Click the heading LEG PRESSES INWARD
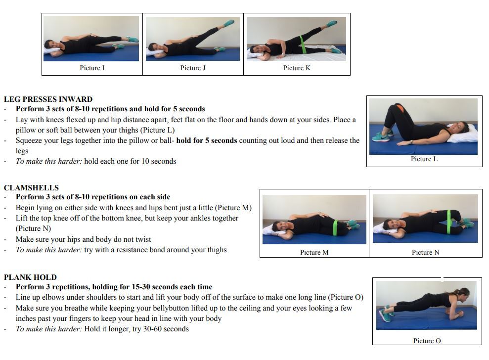point(48,99)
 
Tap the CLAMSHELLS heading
point(31,188)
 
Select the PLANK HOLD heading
point(30,277)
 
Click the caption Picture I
point(92,68)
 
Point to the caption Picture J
point(193,68)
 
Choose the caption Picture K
point(297,68)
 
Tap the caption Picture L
point(424,159)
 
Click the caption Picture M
point(314,252)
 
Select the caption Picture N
point(425,252)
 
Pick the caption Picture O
point(427,341)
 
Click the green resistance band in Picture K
point(303,45)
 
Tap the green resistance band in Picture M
point(336,228)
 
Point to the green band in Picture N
point(449,222)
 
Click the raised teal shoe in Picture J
point(229,23)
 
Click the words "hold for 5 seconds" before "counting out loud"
point(207,140)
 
